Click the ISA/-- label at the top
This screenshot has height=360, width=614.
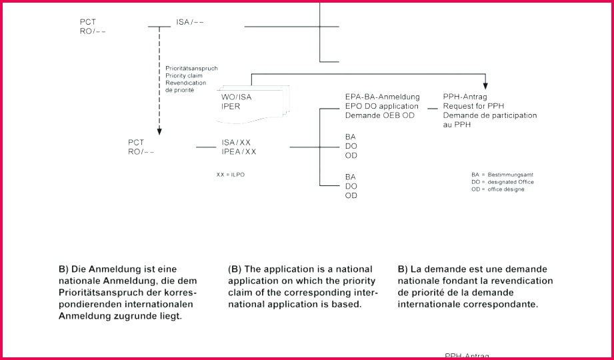click(x=190, y=22)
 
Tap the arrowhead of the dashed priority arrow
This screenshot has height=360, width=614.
click(x=159, y=131)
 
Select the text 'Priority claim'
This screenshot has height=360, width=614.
click(x=184, y=75)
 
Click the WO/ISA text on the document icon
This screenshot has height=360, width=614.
click(x=236, y=97)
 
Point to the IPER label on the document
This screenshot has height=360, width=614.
click(x=231, y=107)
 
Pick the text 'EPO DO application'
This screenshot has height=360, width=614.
click(x=382, y=106)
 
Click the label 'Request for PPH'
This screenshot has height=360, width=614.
click(x=473, y=106)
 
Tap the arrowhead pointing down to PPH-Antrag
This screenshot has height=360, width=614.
click(x=485, y=86)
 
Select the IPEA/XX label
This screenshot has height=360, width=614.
click(x=239, y=152)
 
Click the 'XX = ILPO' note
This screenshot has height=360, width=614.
click(x=231, y=175)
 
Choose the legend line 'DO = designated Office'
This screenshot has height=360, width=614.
click(x=503, y=182)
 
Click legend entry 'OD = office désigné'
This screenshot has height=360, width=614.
click(x=498, y=189)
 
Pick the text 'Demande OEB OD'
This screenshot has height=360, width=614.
click(x=380, y=115)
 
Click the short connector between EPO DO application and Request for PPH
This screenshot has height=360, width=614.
click(x=432, y=108)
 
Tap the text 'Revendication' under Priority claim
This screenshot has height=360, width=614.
click(x=185, y=83)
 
